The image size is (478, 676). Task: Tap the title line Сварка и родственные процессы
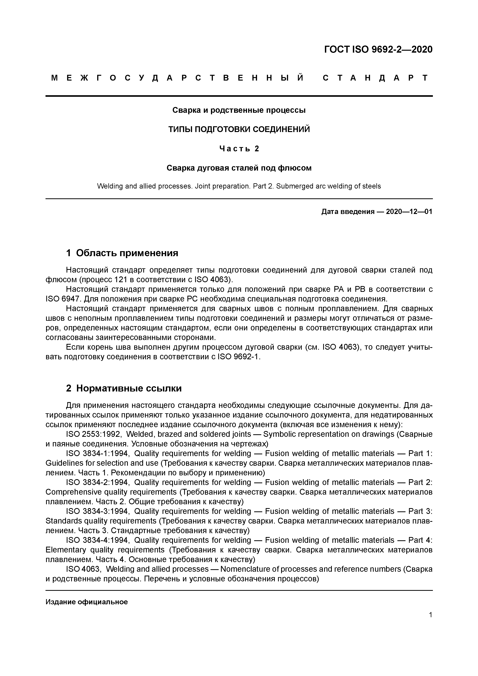coord(239,110)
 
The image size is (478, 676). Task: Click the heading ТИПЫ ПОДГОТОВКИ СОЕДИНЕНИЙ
coord(239,130)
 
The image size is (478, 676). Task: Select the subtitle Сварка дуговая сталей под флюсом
coord(239,168)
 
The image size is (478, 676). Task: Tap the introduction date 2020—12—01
coord(409,211)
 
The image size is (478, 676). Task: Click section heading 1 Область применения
coord(122,253)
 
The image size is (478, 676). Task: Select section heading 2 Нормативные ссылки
coord(124,389)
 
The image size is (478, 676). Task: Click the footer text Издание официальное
coord(87,602)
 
